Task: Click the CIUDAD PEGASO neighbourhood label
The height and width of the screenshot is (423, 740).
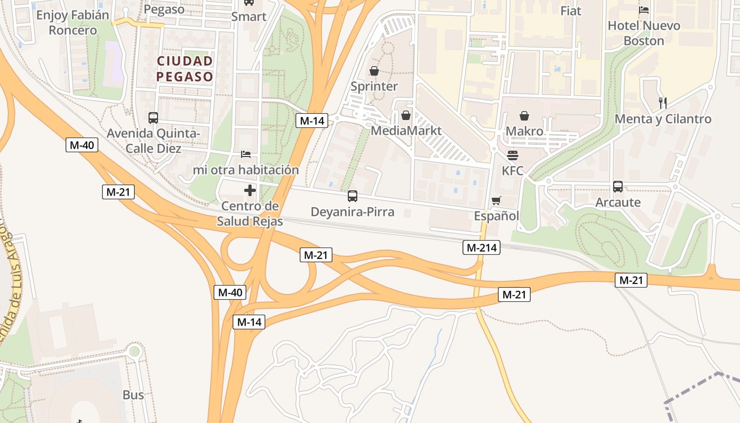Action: point(184,69)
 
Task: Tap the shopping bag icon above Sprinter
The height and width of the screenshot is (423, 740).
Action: point(374,71)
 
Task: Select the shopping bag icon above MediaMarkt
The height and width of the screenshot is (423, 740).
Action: point(406,115)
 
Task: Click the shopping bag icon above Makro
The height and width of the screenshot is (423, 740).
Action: point(524,116)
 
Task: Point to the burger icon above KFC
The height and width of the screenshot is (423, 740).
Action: point(513,155)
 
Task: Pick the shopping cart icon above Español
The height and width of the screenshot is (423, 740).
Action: point(496,201)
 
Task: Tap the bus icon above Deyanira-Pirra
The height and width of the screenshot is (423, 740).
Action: point(353,196)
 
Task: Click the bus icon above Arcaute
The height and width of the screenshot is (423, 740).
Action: point(618,187)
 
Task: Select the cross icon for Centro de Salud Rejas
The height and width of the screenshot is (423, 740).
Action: point(250,190)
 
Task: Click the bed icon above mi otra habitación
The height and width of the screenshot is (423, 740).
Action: point(246,154)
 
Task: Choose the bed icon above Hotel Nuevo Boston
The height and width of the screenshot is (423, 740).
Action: point(644,10)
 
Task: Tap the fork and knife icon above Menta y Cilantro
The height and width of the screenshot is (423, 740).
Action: point(663,103)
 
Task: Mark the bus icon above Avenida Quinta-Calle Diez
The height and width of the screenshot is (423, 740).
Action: point(153,118)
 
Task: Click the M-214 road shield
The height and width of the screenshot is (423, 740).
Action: point(482,247)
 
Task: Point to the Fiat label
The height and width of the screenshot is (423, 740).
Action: point(571,11)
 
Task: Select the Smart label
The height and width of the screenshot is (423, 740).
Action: point(249,16)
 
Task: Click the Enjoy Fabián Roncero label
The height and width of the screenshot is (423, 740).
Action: point(73,22)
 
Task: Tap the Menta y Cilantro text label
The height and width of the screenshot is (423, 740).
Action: point(663,119)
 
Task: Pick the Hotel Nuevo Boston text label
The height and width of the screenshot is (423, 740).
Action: point(644,33)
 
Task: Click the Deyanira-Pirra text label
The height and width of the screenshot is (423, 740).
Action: point(353,212)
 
